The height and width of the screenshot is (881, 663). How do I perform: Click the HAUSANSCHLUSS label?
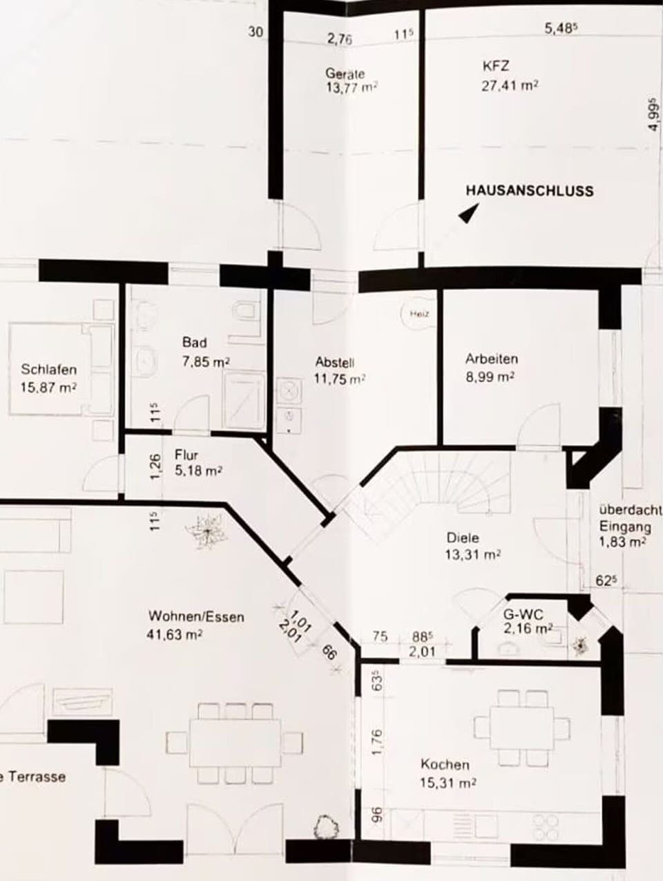pyautogui.click(x=529, y=190)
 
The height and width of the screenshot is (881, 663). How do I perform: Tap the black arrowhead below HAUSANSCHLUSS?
pyautogui.click(x=468, y=216)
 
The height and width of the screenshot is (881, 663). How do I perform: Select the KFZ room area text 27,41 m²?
pyautogui.click(x=510, y=86)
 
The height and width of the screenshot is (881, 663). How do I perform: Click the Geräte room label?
pyautogui.click(x=345, y=73)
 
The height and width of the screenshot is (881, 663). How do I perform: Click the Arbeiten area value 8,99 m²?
pyautogui.click(x=491, y=377)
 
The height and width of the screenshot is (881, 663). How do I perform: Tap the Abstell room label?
pyautogui.click(x=335, y=362)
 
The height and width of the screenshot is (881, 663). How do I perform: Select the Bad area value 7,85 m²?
pyautogui.click(x=206, y=361)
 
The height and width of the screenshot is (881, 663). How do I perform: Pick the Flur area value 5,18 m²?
pyautogui.click(x=198, y=471)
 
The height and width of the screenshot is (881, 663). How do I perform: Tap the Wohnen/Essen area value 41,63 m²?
pyautogui.click(x=175, y=634)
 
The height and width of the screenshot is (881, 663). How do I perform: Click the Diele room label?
pyautogui.click(x=463, y=538)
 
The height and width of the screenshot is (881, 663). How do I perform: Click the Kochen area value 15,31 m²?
pyautogui.click(x=448, y=783)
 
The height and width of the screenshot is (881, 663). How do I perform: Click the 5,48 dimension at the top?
pyautogui.click(x=560, y=29)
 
